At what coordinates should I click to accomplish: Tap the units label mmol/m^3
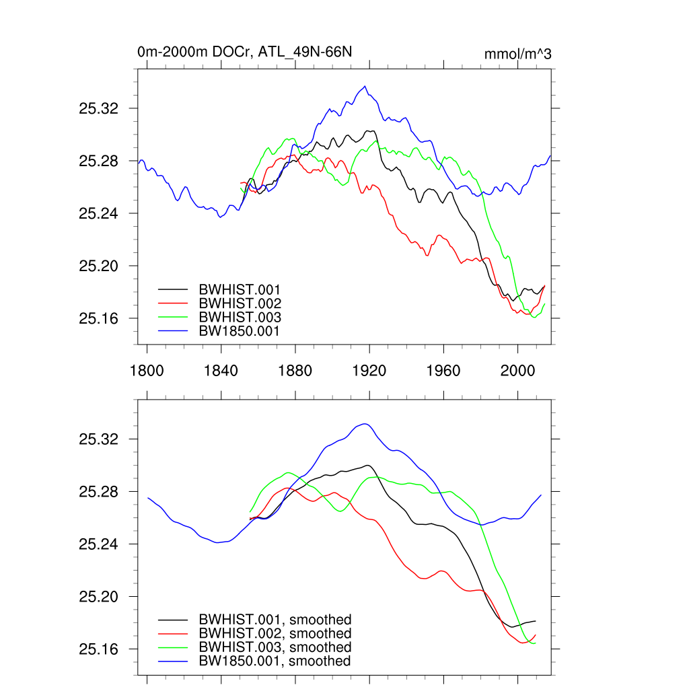pyautogui.click(x=517, y=54)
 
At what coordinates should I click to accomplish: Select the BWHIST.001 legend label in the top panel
pyautogui.click(x=240, y=290)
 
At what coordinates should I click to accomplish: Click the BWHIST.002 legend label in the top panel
pyautogui.click(x=240, y=303)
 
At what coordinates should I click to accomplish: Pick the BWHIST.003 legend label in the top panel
pyautogui.click(x=240, y=317)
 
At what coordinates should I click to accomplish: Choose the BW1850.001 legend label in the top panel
pyautogui.click(x=239, y=330)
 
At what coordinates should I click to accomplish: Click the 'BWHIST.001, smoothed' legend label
pyautogui.click(x=275, y=620)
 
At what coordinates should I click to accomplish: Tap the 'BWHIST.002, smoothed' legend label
pyautogui.click(x=275, y=634)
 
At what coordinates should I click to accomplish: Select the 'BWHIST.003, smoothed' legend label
pyautogui.click(x=275, y=647)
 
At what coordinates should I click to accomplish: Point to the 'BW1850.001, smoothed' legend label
pyautogui.click(x=275, y=661)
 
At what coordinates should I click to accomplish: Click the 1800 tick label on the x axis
pyautogui.click(x=147, y=371)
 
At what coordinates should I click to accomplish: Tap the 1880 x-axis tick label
pyautogui.click(x=295, y=371)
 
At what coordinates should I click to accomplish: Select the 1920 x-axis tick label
pyautogui.click(x=369, y=371)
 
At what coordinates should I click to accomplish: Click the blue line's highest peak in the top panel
pyautogui.click(x=365, y=86)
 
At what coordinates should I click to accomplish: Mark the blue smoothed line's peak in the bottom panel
pyautogui.click(x=364, y=424)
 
